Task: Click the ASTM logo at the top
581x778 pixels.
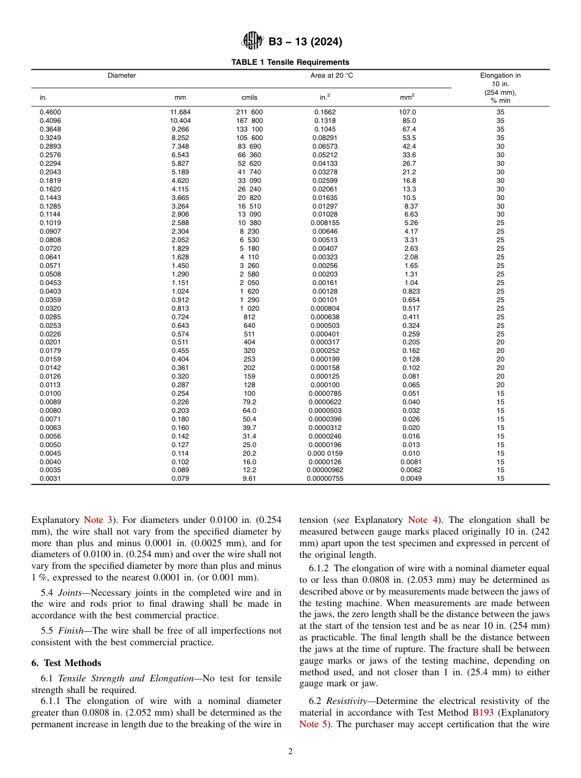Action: click(252, 41)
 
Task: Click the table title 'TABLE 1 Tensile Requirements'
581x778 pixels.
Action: click(290, 62)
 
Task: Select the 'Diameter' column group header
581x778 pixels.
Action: click(122, 76)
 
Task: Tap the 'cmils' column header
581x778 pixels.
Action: click(249, 97)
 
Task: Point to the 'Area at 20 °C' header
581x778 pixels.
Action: click(331, 76)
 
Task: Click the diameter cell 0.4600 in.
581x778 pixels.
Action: click(50, 113)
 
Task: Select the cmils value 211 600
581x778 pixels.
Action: click(249, 113)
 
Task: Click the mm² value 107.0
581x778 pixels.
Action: click(407, 113)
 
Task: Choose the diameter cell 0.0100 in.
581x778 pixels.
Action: click(50, 393)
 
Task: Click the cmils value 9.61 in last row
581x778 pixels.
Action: click(249, 479)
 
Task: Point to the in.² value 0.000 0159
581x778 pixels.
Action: click(325, 453)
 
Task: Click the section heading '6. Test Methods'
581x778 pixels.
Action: click(66, 663)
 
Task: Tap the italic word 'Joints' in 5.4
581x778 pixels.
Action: click(70, 592)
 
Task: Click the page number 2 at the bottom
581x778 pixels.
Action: click(290, 752)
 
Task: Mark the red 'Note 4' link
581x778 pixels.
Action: click(421, 520)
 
